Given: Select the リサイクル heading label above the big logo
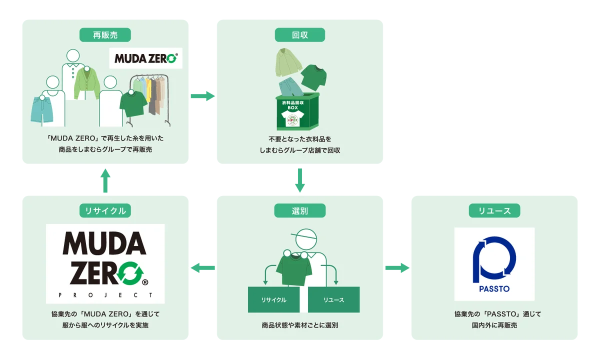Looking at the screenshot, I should (105, 211).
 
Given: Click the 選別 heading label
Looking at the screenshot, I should (299, 211).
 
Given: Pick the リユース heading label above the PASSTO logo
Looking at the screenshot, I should (494, 211).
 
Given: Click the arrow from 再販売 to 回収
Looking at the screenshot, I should (202, 95).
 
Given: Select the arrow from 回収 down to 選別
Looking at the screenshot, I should (299, 179).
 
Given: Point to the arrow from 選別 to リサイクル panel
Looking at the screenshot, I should (202, 268).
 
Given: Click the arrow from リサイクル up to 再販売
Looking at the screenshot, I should (105, 179).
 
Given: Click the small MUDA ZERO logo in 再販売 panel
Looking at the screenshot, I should (145, 58).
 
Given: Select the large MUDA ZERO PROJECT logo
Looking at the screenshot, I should (105, 263).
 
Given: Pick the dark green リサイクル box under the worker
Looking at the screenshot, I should (273, 299).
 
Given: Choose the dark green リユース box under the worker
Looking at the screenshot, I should (333, 299).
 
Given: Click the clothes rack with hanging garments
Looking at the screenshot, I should (150, 97).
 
